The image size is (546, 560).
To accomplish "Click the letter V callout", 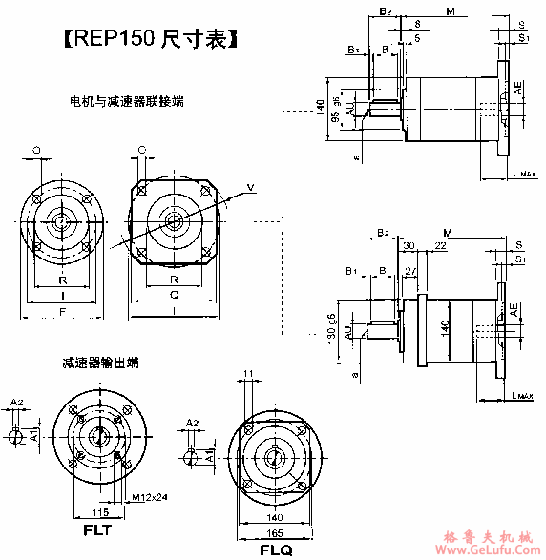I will point(250,185).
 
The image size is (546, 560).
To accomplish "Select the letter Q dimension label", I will point(175,296).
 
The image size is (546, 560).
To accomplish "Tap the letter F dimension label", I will point(62,311).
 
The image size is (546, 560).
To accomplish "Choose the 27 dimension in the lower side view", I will point(409,272).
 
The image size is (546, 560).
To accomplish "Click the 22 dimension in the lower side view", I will point(440,247).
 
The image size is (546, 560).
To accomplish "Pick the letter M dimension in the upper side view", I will point(450,10).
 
